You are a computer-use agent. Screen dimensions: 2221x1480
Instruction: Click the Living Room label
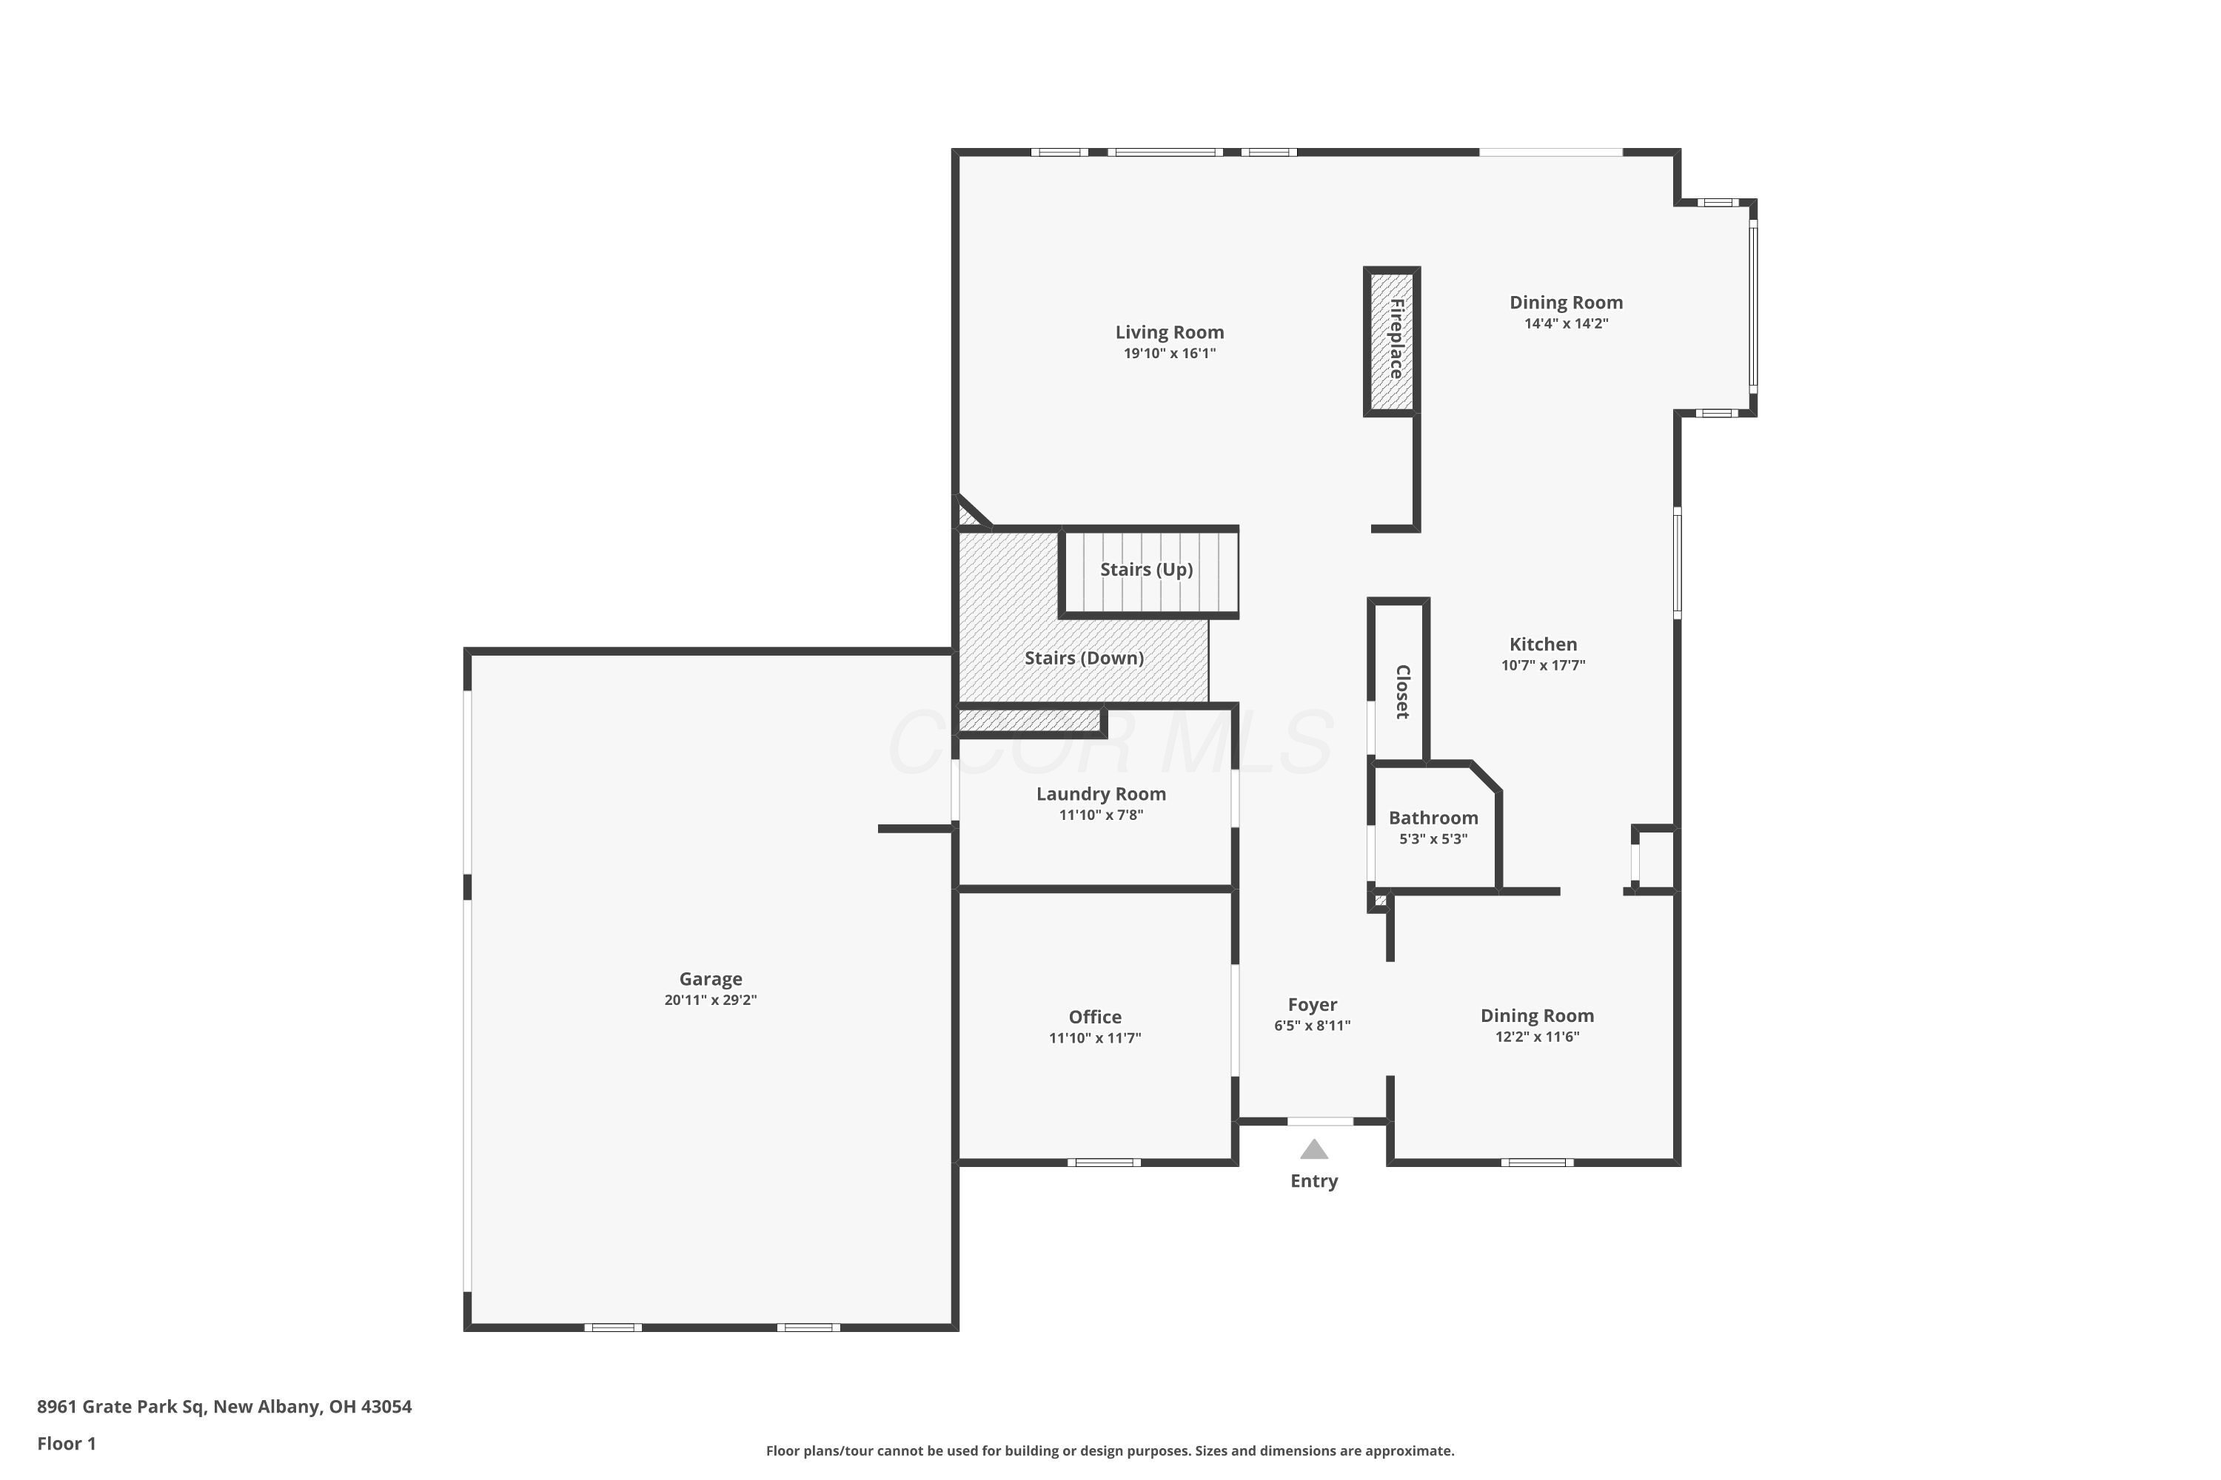pos(1169,332)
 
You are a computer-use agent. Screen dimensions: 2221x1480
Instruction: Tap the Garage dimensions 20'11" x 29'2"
pos(710,1000)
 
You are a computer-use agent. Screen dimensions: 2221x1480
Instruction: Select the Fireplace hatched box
pos(1392,340)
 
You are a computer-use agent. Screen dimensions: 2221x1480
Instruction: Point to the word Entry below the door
pos(1313,1181)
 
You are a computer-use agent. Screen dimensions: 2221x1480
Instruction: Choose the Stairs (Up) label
pos(1146,569)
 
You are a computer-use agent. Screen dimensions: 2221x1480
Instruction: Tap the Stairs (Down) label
pos(1084,658)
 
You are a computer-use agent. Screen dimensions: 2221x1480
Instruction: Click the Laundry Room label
pos(1101,794)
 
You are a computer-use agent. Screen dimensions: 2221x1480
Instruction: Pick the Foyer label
pos(1313,1005)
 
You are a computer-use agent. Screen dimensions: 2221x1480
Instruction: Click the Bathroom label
pos(1433,818)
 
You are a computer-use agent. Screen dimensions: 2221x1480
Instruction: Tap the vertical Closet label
pos(1402,692)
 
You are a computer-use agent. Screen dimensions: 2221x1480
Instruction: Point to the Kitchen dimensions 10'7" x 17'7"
pos(1543,665)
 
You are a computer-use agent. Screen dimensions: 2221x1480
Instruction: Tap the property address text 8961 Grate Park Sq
pos(121,1407)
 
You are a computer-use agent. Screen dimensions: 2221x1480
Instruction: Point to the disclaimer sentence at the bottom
pos(1110,1450)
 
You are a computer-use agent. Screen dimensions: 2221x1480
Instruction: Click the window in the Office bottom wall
pos(1104,1162)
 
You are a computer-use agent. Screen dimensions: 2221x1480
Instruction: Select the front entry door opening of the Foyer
pos(1320,1121)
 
